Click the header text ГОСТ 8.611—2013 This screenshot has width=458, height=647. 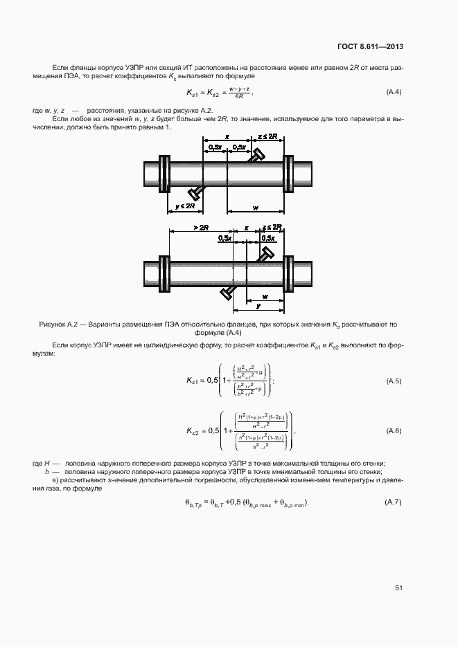[371, 46]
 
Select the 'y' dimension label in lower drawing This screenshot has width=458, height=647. [258, 304]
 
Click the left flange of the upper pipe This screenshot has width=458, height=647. [164, 173]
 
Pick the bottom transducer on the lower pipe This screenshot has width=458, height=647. [229, 292]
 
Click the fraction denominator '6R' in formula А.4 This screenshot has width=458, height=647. [238, 97]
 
